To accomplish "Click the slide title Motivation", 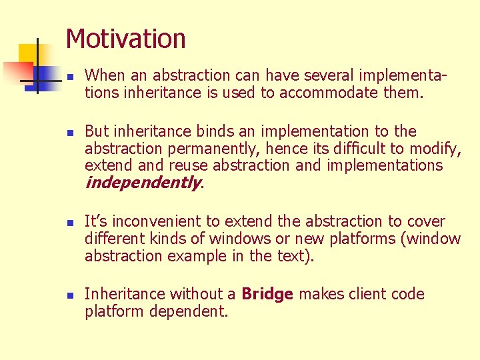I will (x=125, y=39).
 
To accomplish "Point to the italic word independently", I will (x=142, y=183).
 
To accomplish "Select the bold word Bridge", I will (x=267, y=294).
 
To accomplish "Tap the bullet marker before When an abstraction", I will (x=70, y=77).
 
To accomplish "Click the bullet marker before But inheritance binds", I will (x=70, y=133).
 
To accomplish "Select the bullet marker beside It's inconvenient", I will (x=70, y=223).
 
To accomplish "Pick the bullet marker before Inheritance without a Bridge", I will (x=70, y=295).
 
